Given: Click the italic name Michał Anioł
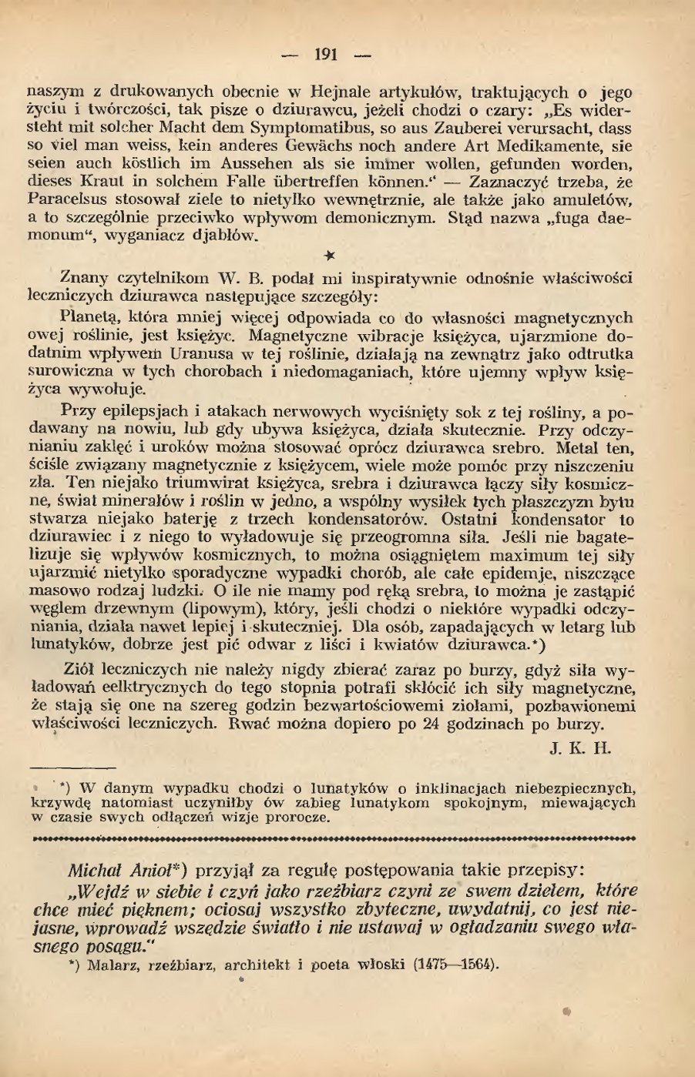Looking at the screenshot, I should click(127, 871).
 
